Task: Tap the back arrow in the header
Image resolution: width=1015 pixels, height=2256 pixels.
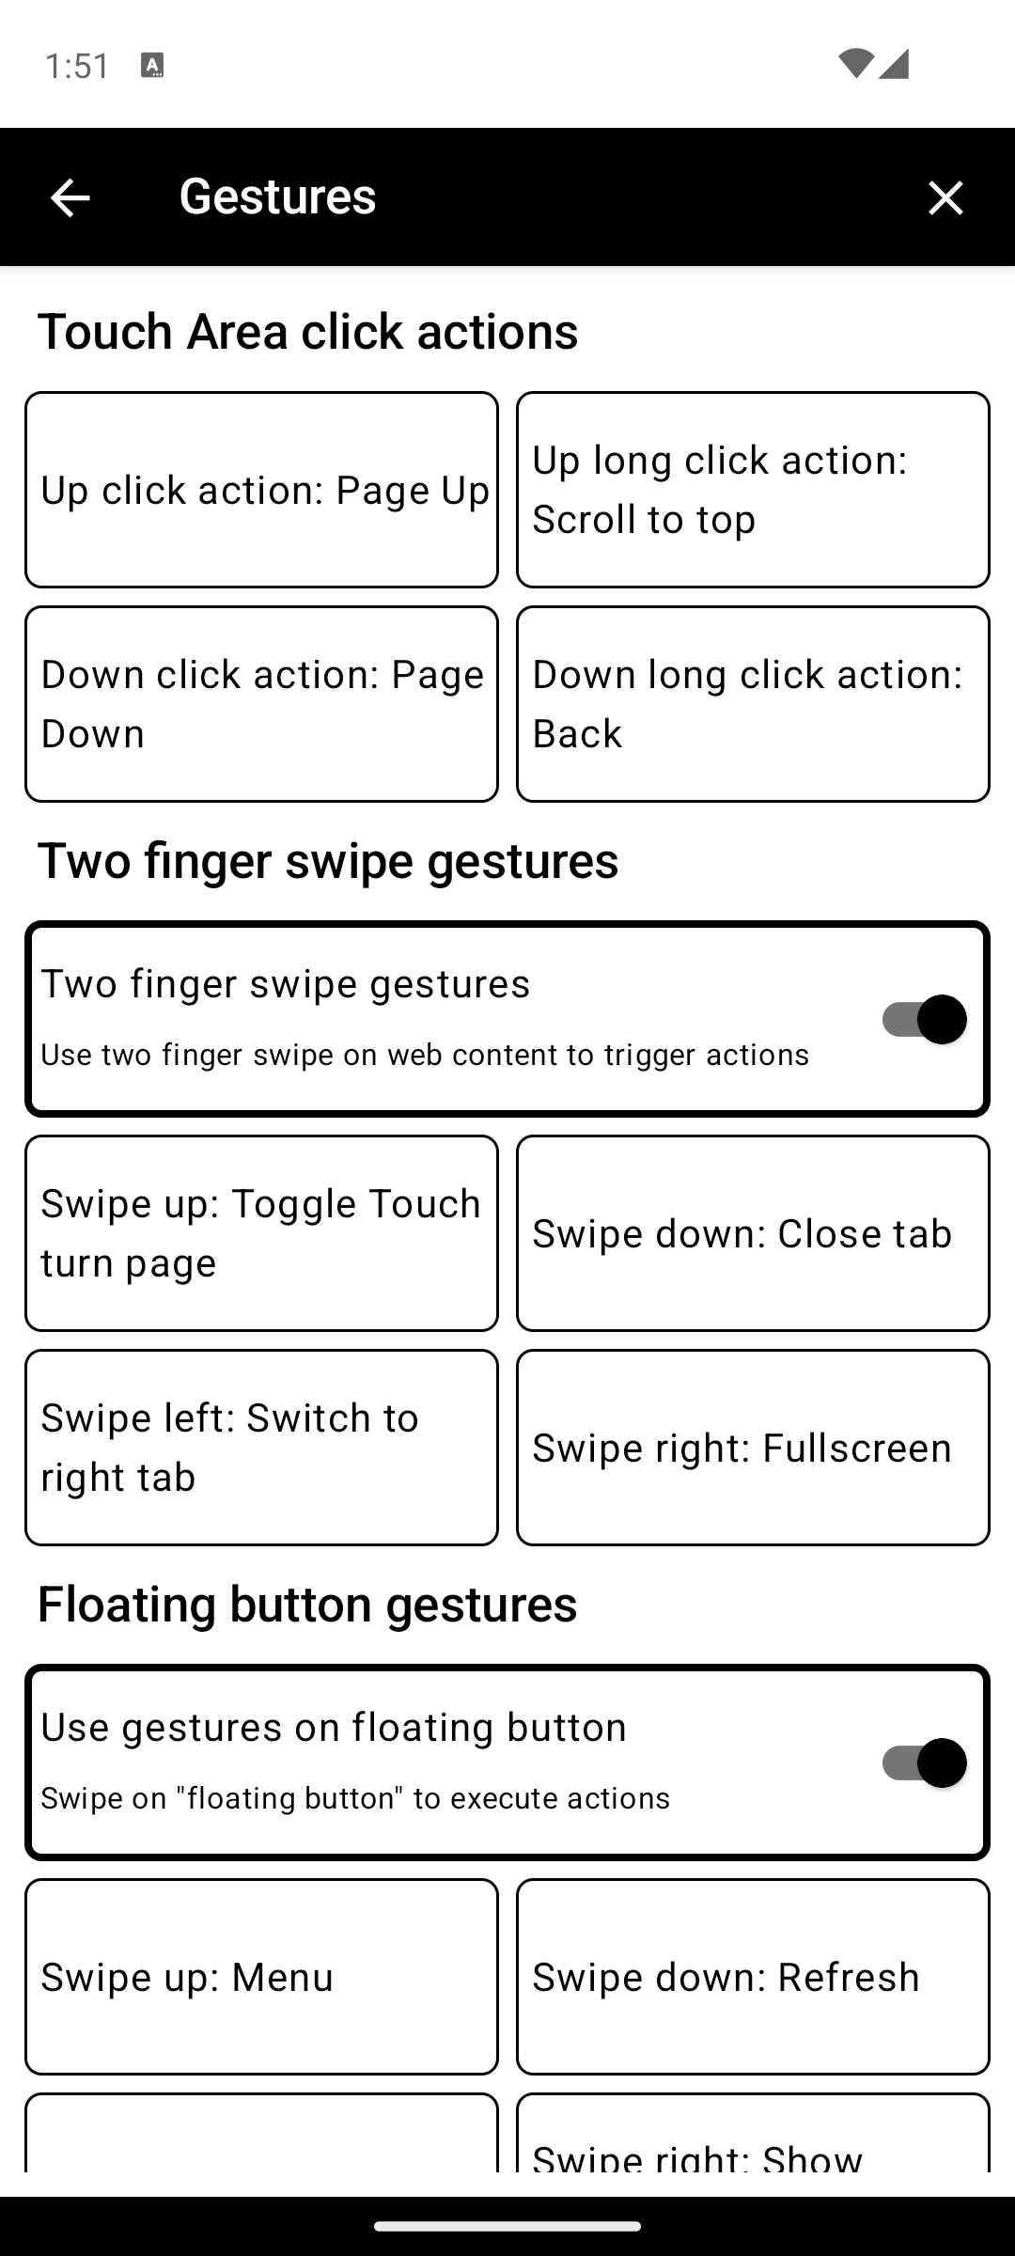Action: (x=70, y=198)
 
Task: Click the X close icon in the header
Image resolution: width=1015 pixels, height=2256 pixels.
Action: (x=945, y=198)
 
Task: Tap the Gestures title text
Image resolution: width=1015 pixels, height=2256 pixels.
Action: (x=277, y=196)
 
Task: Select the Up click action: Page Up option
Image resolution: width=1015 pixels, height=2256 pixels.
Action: (x=261, y=490)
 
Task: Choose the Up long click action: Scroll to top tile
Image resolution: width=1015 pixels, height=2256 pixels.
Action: (x=753, y=490)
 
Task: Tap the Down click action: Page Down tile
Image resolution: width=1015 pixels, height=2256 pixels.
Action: (x=261, y=704)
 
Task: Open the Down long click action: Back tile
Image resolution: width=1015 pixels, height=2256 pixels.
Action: (x=753, y=704)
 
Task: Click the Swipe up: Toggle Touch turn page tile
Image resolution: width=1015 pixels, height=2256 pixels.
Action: (x=261, y=1233)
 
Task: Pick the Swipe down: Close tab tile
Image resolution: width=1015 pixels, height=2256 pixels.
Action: (x=753, y=1233)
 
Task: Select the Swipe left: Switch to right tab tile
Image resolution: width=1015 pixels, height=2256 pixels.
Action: (x=261, y=1448)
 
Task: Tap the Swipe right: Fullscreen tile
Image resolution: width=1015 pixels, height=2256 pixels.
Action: (x=753, y=1448)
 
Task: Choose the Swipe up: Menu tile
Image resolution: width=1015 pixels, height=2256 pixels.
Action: (x=261, y=1977)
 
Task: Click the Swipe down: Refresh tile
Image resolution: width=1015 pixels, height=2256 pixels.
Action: (x=753, y=1977)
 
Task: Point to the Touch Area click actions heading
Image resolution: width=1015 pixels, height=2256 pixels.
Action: (x=307, y=332)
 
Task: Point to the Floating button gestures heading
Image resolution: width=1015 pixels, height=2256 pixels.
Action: (x=307, y=1604)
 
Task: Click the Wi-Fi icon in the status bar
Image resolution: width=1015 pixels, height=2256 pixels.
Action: (x=855, y=64)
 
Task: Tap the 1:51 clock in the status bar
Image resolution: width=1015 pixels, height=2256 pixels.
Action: (x=77, y=66)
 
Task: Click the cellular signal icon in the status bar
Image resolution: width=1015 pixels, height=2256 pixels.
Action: (x=894, y=64)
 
